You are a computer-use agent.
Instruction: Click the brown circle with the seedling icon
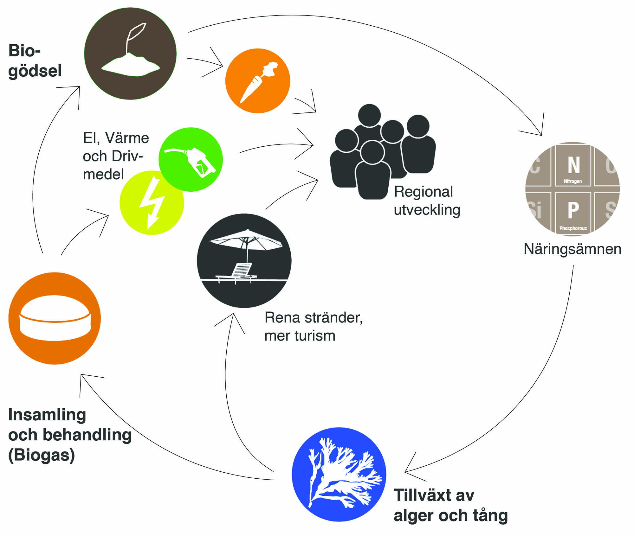(x=130, y=54)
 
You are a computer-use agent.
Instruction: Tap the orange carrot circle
(x=257, y=81)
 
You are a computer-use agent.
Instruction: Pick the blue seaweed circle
(x=339, y=474)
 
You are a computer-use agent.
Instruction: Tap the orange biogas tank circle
(x=55, y=318)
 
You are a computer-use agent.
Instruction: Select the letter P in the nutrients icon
(x=573, y=210)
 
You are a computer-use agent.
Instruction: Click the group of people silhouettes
(x=382, y=152)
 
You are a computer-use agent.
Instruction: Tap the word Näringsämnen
(x=572, y=249)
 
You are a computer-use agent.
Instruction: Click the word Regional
(x=423, y=192)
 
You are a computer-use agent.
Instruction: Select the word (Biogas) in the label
(x=42, y=455)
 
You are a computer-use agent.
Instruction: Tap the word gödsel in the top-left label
(x=35, y=71)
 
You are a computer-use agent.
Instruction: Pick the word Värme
(x=127, y=138)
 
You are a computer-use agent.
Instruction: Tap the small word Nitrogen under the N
(x=573, y=181)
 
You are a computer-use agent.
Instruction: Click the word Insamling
(x=47, y=415)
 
